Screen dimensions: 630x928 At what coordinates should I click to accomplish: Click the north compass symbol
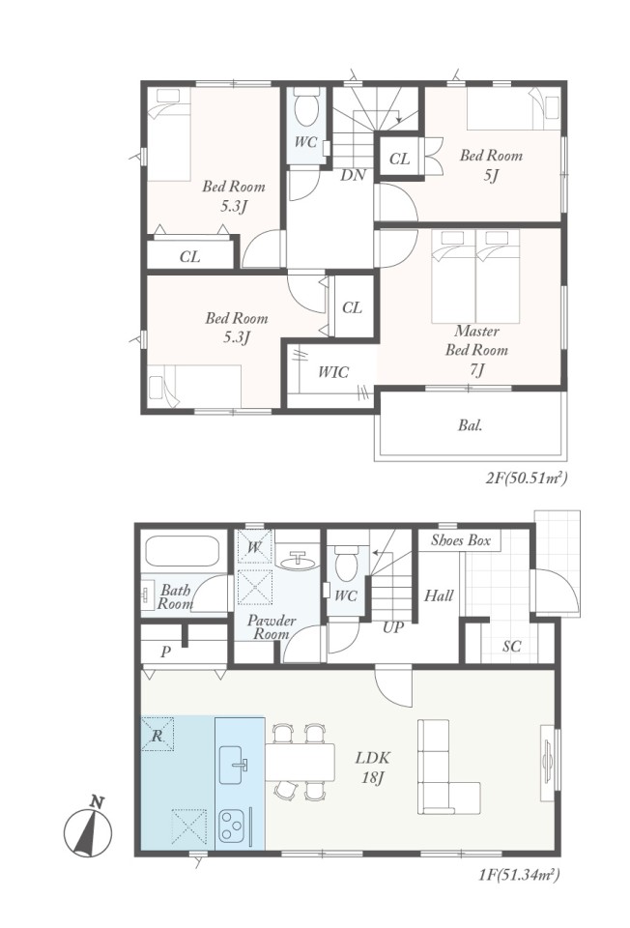[x=88, y=828]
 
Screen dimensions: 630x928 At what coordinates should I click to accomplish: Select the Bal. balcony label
[x=471, y=425]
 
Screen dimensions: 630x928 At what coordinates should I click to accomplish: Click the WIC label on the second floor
[x=333, y=371]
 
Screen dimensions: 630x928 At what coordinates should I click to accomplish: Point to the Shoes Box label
[x=460, y=539]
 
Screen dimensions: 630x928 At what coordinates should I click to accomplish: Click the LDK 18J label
[x=372, y=767]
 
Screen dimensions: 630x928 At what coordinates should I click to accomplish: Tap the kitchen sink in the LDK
[x=233, y=765]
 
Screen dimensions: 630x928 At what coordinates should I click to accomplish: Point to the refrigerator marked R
[x=157, y=735]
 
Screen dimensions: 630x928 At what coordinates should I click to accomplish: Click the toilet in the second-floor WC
[x=307, y=106]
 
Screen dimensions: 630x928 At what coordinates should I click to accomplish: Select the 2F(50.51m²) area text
[x=527, y=478]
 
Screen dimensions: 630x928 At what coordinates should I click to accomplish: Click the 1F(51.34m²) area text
[x=519, y=874]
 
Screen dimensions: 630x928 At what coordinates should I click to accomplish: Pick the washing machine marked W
[x=254, y=546]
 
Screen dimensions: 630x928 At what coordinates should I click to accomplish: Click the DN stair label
[x=353, y=175]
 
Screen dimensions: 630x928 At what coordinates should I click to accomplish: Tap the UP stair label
[x=393, y=627]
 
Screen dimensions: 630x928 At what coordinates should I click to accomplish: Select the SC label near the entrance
[x=512, y=647]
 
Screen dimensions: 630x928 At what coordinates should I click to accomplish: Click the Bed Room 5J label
[x=492, y=165]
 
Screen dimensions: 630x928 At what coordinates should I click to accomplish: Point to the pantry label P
[x=165, y=652]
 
